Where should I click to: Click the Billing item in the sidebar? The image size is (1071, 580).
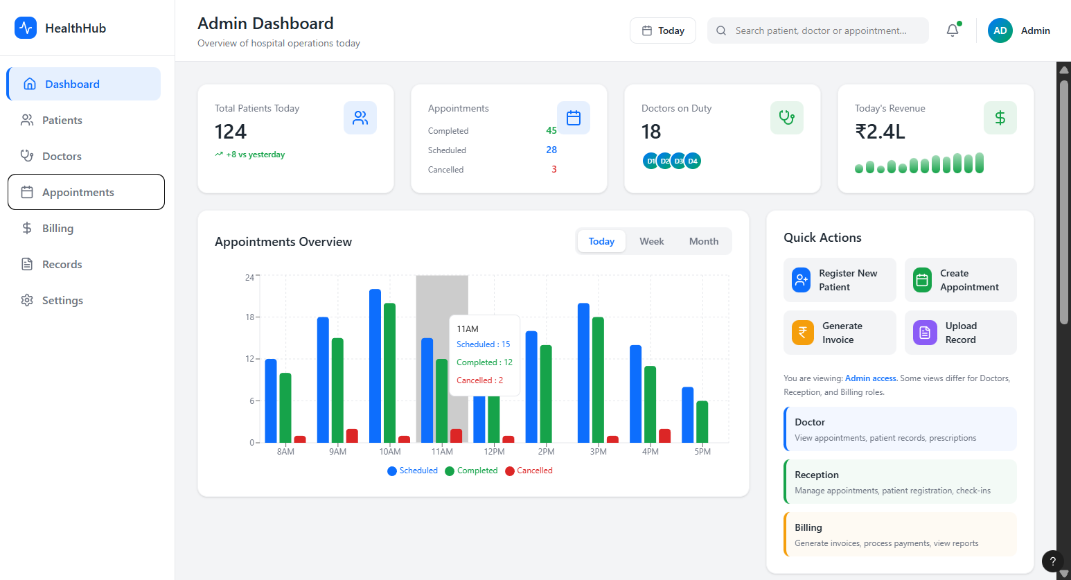click(57, 229)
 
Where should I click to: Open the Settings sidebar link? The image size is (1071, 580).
click(62, 301)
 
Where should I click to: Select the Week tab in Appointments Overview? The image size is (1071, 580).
click(651, 241)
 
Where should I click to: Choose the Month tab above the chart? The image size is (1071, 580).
click(703, 241)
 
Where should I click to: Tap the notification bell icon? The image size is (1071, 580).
click(953, 30)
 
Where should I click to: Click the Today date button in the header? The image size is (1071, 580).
click(662, 30)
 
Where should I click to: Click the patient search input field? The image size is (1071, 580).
click(820, 30)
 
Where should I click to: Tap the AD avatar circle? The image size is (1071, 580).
click(1000, 30)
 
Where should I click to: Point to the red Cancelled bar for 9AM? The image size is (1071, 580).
click(352, 435)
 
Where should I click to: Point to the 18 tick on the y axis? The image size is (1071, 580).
click(249, 317)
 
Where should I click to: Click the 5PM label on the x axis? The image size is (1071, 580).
click(702, 452)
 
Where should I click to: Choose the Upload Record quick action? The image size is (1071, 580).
click(960, 333)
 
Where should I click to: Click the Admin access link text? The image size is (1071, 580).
click(871, 378)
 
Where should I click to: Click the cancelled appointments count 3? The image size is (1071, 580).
click(554, 169)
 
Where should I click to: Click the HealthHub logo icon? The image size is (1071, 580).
click(26, 28)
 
